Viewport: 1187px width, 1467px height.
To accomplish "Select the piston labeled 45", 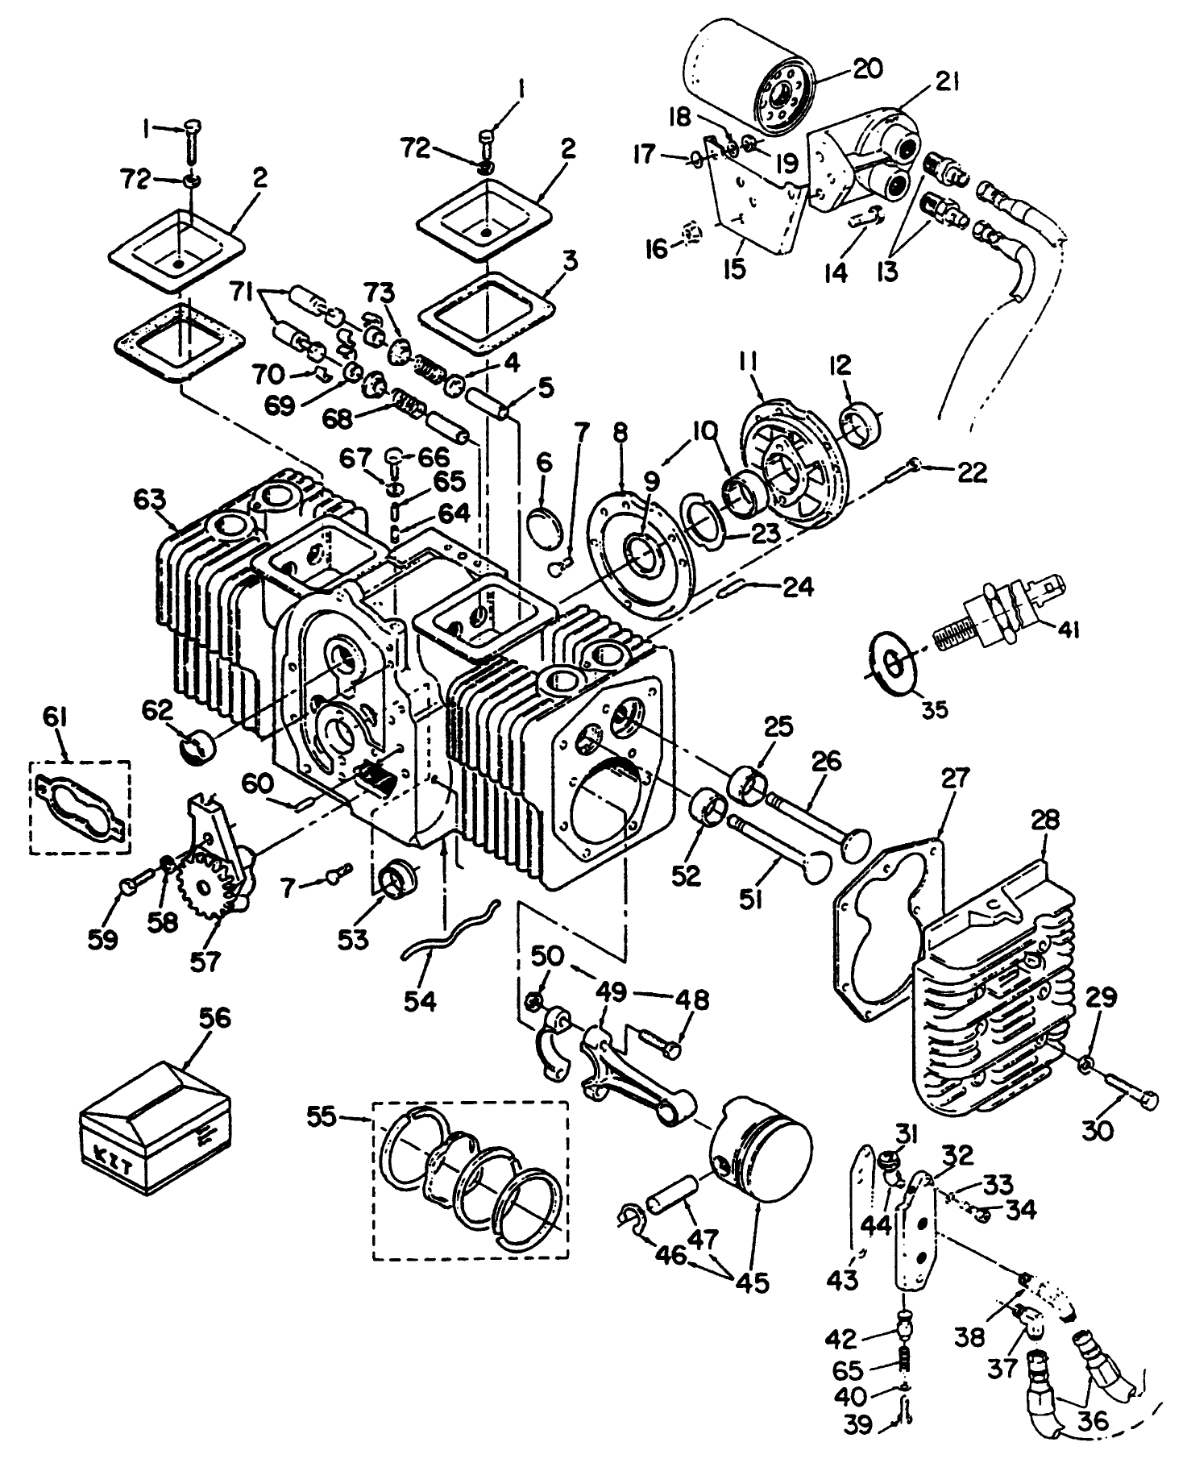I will [x=762, y=1153].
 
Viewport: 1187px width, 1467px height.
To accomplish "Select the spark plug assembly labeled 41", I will [x=999, y=617].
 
